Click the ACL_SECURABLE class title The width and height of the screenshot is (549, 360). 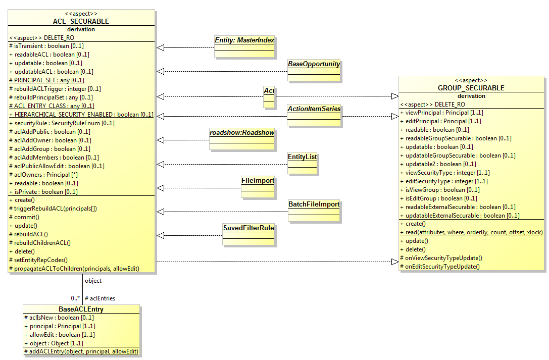point(81,21)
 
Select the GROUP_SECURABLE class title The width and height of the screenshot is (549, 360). point(471,88)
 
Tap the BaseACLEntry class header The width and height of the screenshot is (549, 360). point(81,309)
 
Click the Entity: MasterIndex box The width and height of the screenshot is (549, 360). point(244,40)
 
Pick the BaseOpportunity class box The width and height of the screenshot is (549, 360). point(314,65)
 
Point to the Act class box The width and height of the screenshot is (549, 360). point(269,91)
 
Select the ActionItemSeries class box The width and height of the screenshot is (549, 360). point(314,109)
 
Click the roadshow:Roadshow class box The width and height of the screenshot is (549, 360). point(242,133)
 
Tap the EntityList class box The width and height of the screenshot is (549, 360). point(302,157)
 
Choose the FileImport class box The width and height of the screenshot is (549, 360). point(258,181)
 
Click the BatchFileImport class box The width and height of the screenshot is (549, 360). point(314,205)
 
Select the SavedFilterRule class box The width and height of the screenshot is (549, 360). point(248,228)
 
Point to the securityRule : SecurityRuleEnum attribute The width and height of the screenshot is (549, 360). point(62,123)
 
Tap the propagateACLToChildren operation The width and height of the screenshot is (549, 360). point(74,268)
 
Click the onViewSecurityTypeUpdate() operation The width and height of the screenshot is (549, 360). point(441,258)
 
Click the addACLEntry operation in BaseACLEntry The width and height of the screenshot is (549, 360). point(81,351)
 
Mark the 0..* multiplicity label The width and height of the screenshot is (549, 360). point(76,298)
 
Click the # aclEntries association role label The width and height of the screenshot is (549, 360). point(100,298)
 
